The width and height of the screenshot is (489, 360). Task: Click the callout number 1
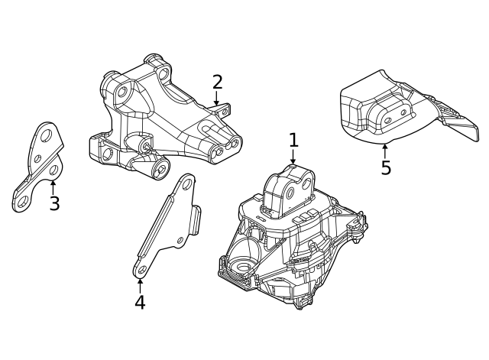coord(293,141)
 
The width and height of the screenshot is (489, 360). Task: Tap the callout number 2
coord(217,82)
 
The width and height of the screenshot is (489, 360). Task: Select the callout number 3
coord(54,204)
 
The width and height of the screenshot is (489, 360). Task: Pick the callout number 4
coord(140,302)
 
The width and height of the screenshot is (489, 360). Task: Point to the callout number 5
coord(385,167)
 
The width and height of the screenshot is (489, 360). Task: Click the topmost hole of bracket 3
coord(47,136)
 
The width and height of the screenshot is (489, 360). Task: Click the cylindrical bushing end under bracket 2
coord(160,169)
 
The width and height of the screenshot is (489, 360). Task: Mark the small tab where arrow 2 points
coord(223,112)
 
